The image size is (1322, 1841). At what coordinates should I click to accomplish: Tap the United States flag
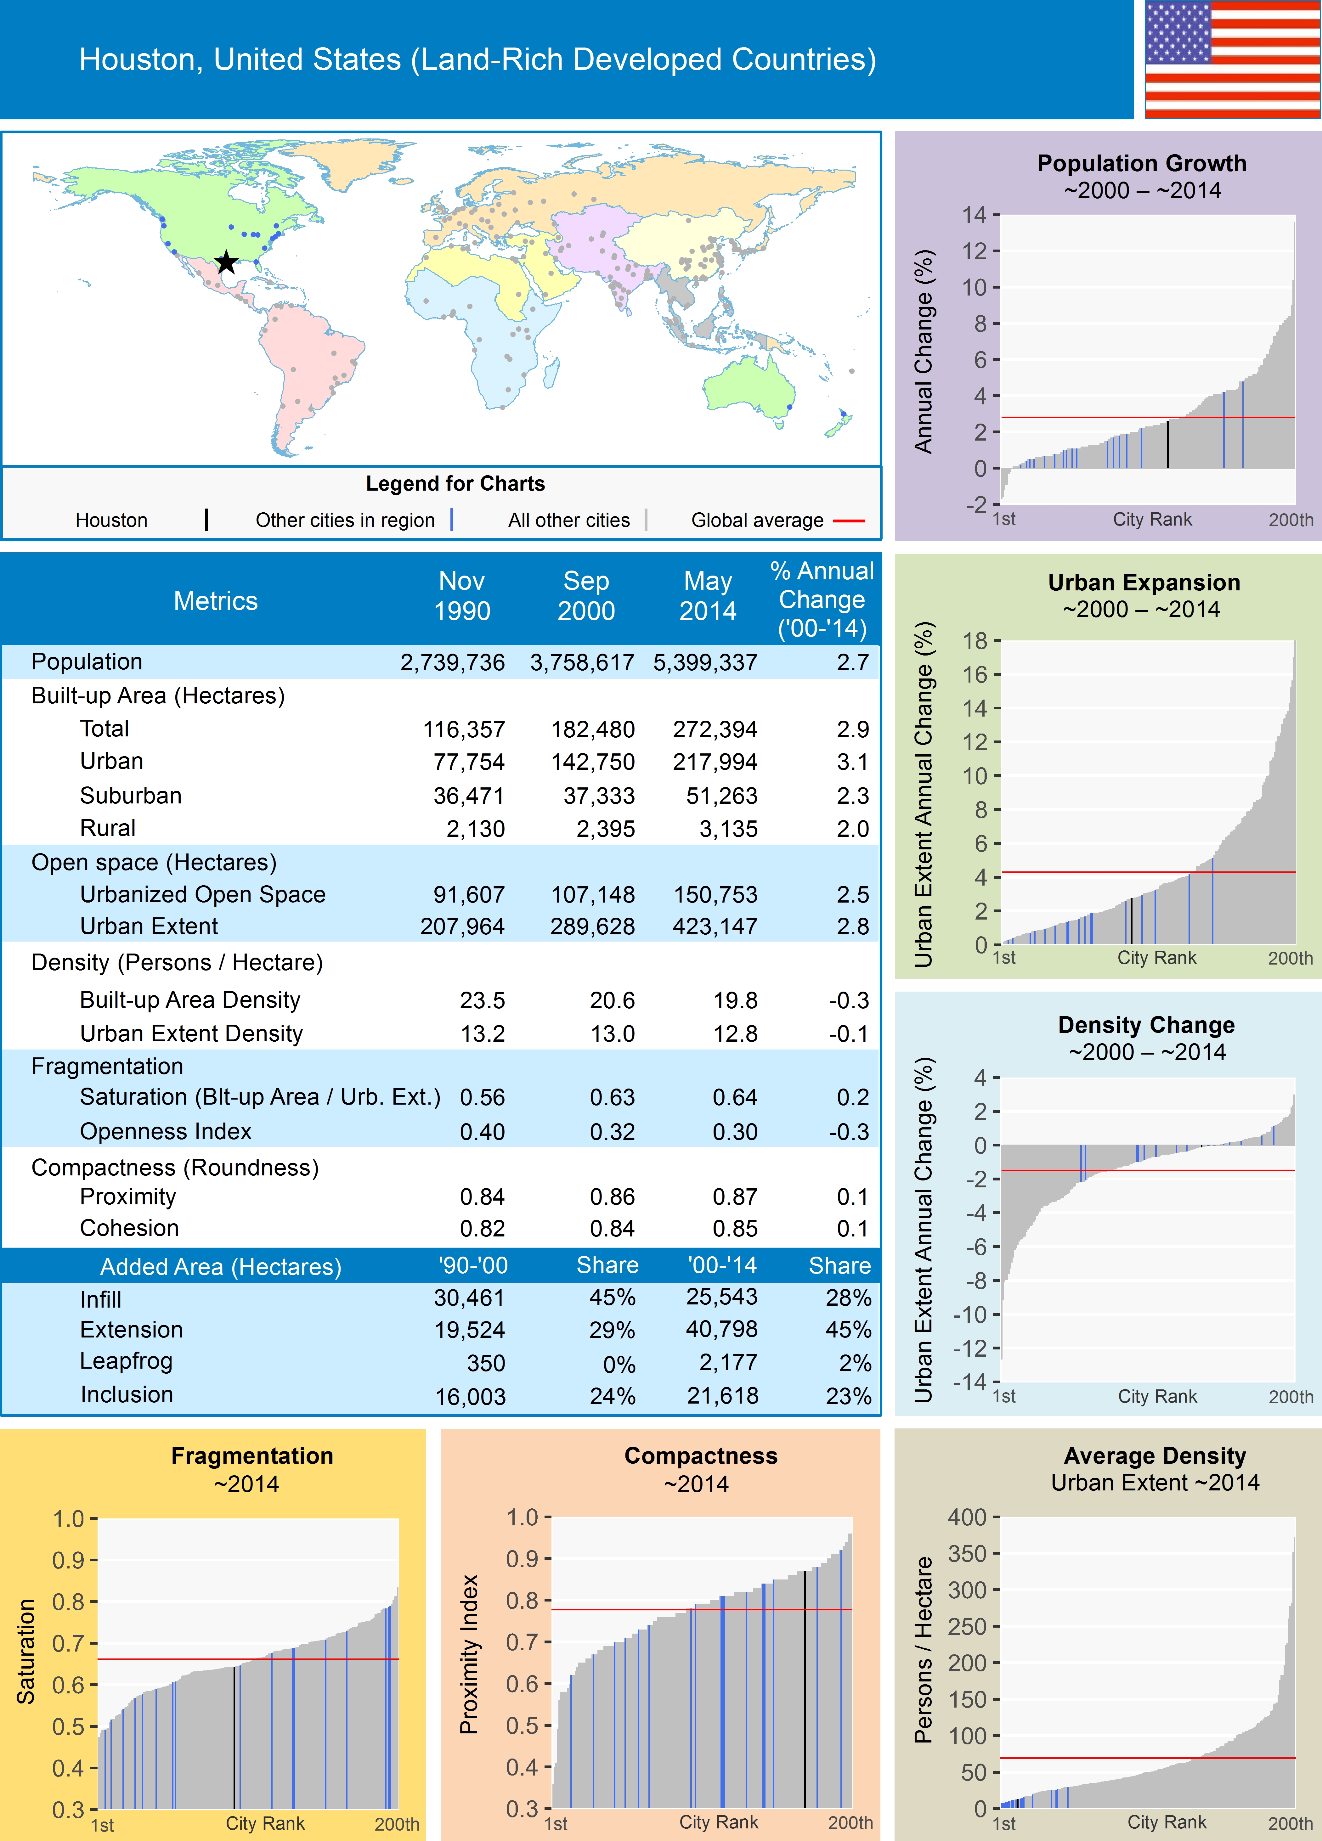pos(1232,59)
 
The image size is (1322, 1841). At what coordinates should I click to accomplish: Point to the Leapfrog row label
pos(126,1361)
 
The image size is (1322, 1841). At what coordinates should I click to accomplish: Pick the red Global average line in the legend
pos(849,520)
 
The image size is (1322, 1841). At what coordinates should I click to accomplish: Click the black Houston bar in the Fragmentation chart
pos(234,1737)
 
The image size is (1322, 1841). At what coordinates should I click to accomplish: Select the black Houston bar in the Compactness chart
pos(805,1688)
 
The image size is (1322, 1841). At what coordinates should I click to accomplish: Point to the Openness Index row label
pos(166,1132)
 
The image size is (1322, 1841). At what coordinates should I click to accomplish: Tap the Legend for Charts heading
pos(455,484)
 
